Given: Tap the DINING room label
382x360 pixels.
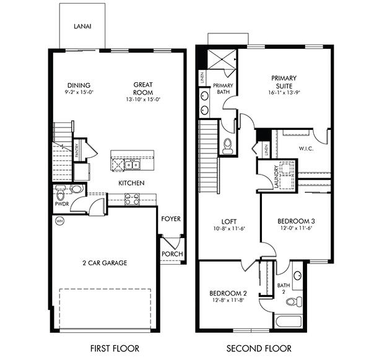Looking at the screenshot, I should (x=79, y=85).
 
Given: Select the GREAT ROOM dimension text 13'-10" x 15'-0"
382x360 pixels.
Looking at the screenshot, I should (x=143, y=99).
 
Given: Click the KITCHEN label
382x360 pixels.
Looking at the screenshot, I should (x=132, y=183).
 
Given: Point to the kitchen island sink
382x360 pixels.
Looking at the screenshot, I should (x=131, y=165).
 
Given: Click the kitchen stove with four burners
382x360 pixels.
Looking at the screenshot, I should (x=132, y=199).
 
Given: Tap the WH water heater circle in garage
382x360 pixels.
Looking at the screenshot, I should (x=59, y=221).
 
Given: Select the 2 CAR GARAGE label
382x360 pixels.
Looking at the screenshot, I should (x=105, y=263).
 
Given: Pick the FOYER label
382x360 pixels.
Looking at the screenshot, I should (x=171, y=219).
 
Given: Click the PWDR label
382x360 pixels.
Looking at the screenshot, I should (x=61, y=203).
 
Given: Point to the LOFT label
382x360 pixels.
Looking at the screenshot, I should (x=230, y=221).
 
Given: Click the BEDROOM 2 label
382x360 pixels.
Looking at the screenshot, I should (x=228, y=293).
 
